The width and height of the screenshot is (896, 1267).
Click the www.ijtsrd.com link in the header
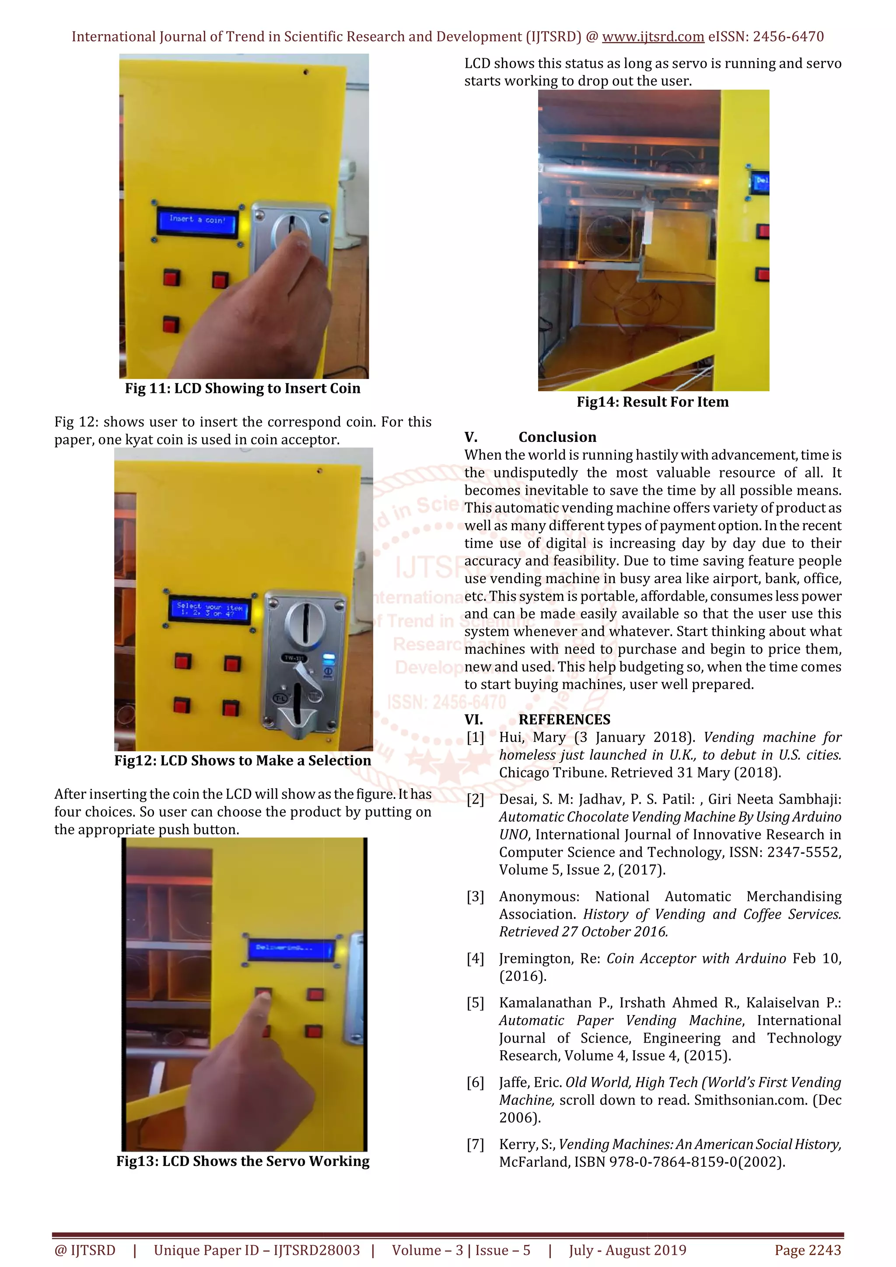[x=653, y=37]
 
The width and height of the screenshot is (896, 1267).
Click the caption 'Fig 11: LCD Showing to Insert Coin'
[x=242, y=388]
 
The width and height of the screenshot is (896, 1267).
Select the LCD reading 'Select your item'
[x=209, y=609]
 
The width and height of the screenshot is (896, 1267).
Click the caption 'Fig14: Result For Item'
[x=652, y=402]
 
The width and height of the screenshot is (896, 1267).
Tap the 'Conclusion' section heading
[x=557, y=437]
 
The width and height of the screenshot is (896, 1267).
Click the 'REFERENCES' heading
[x=564, y=720]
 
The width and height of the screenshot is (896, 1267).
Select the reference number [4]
[x=475, y=959]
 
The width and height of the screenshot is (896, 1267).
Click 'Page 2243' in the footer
[x=808, y=1250]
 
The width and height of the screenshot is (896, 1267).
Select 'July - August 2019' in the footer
[x=627, y=1250]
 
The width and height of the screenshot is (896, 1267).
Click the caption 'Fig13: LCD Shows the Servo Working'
[x=243, y=1161]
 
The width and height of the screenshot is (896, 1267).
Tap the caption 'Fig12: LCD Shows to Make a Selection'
[x=243, y=760]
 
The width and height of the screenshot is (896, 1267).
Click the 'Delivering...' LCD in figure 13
[x=291, y=948]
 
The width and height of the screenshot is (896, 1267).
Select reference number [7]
[x=475, y=1144]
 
